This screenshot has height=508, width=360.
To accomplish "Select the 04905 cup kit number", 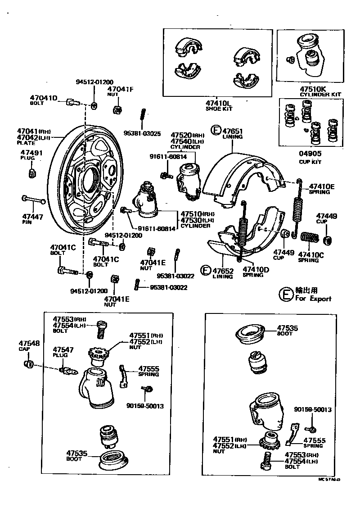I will point(310,154).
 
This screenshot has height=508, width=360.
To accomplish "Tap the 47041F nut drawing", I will point(116,109).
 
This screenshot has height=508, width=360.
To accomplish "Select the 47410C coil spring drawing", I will point(308,237).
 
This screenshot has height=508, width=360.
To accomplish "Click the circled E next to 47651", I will point(216,131).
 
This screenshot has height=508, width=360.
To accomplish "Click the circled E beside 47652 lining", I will point(205,270).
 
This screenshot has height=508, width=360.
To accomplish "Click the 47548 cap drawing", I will point(28,363).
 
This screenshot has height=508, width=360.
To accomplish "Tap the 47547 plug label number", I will point(61,349).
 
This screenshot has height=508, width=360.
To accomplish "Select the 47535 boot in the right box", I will point(251,335).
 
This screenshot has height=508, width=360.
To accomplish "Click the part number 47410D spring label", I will point(256,269).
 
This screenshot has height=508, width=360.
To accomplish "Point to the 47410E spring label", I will point(322,186).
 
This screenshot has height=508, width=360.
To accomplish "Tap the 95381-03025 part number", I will point(142,133).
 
